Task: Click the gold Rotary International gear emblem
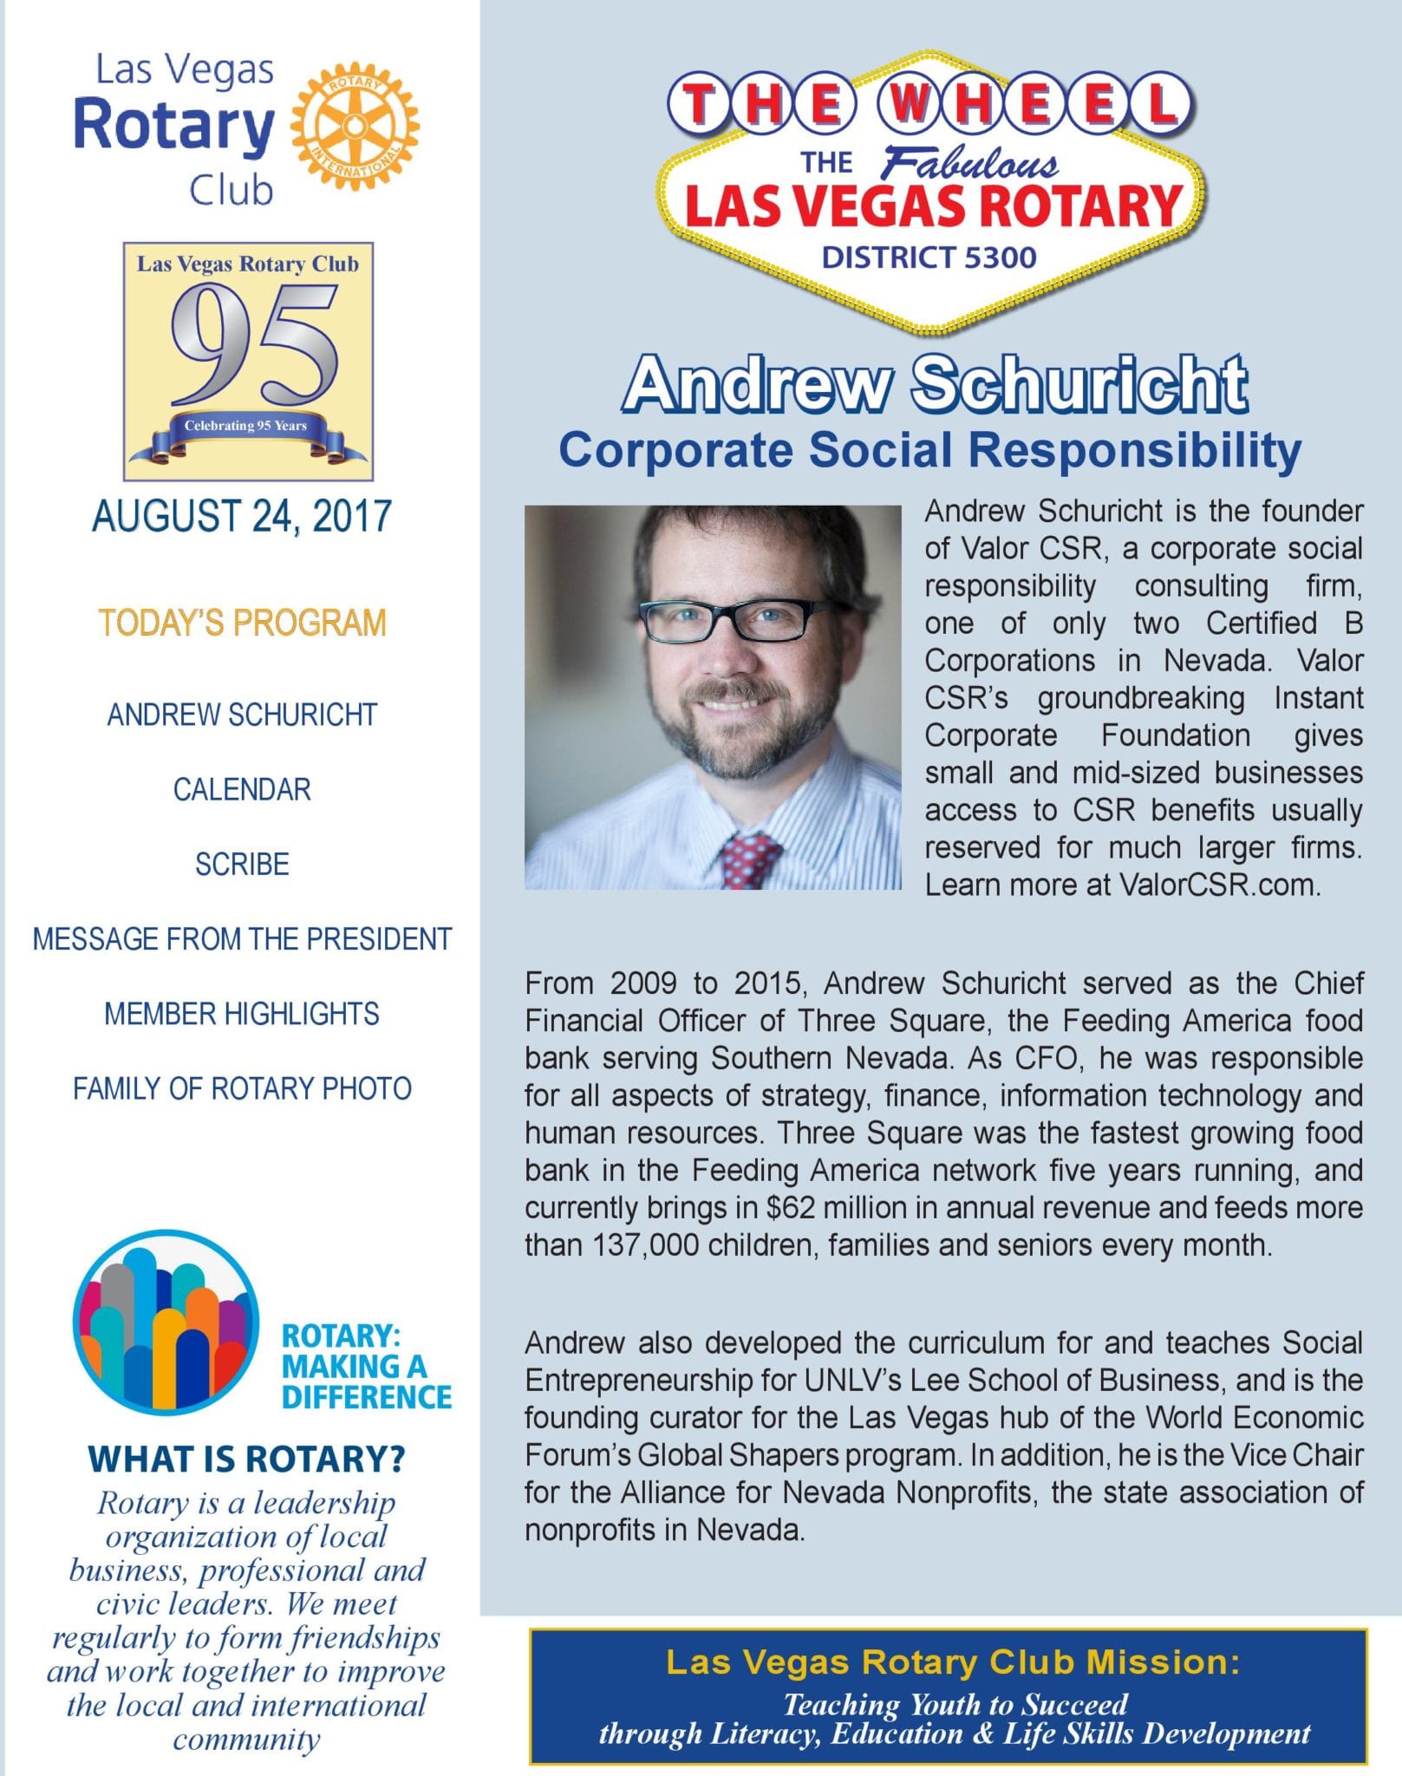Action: (355, 127)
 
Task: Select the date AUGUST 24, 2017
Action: (242, 516)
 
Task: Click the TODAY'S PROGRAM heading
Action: (242, 623)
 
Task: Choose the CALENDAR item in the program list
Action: (242, 789)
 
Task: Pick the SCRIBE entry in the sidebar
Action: (242, 864)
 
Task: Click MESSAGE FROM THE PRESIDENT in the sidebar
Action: (242, 938)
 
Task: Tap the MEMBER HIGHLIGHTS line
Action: (242, 1013)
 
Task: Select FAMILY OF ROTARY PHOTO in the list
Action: (242, 1088)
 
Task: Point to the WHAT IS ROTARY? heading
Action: (246, 1459)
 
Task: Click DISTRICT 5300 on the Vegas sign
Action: (929, 258)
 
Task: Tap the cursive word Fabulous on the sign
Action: (969, 164)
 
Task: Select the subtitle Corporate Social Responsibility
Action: (929, 450)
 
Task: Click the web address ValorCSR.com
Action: (1219, 885)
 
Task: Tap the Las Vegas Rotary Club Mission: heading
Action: (952, 1662)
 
